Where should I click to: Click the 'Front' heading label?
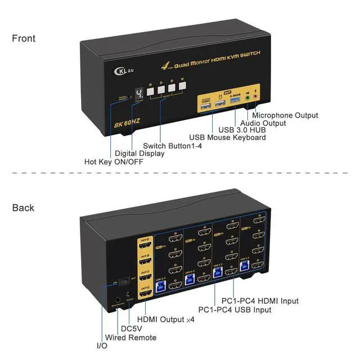tap(24, 38)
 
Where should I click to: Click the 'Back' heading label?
tap(23, 208)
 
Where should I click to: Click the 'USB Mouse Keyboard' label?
tap(227, 138)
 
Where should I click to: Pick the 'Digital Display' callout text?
tap(139, 153)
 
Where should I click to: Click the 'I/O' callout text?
tap(103, 346)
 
